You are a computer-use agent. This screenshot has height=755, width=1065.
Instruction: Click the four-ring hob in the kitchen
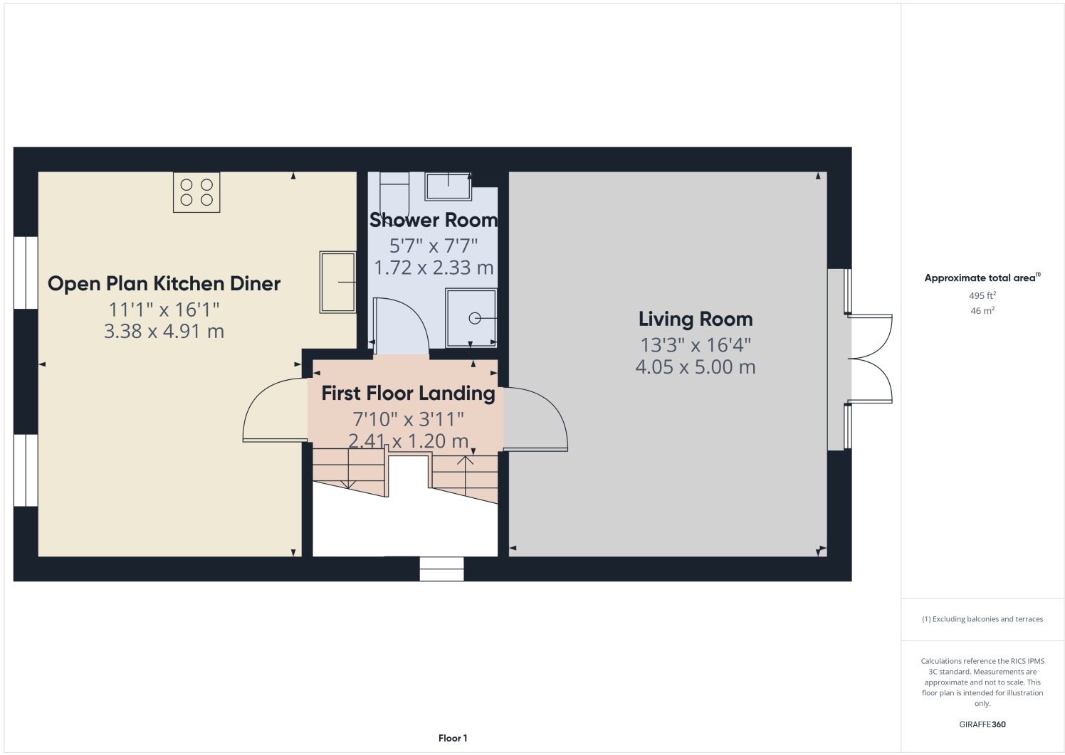[196, 192]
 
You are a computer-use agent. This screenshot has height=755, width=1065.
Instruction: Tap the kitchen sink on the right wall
[337, 282]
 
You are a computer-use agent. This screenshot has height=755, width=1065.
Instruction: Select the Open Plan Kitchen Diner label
[164, 284]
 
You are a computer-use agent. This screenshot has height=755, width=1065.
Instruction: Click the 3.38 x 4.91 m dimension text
[164, 332]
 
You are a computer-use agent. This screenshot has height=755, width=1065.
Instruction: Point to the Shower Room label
[433, 221]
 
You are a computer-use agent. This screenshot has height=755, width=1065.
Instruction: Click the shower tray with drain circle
[471, 317]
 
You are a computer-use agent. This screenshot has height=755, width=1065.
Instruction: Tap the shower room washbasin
[448, 186]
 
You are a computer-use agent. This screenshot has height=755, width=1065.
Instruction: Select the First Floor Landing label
[408, 394]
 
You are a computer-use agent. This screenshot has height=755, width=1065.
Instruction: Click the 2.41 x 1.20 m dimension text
[408, 441]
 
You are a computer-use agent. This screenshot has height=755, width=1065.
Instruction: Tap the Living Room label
[695, 320]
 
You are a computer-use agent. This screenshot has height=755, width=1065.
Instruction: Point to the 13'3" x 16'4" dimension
[695, 345]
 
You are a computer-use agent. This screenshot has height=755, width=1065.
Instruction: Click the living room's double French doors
[870, 359]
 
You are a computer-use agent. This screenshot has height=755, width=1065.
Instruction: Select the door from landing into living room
[535, 420]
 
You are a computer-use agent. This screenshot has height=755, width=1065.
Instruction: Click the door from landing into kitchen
[276, 411]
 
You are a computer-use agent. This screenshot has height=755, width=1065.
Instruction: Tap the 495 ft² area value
[982, 295]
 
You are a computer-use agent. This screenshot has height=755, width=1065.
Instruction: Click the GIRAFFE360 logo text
[982, 724]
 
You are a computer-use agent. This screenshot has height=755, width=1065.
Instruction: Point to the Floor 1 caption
[453, 739]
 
